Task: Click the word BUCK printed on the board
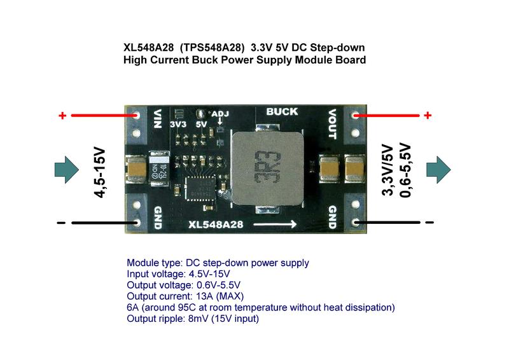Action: [281, 112]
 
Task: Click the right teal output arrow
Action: [438, 169]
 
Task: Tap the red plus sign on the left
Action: [62, 116]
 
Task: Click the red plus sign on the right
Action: [428, 115]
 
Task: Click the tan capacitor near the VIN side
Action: [137, 169]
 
